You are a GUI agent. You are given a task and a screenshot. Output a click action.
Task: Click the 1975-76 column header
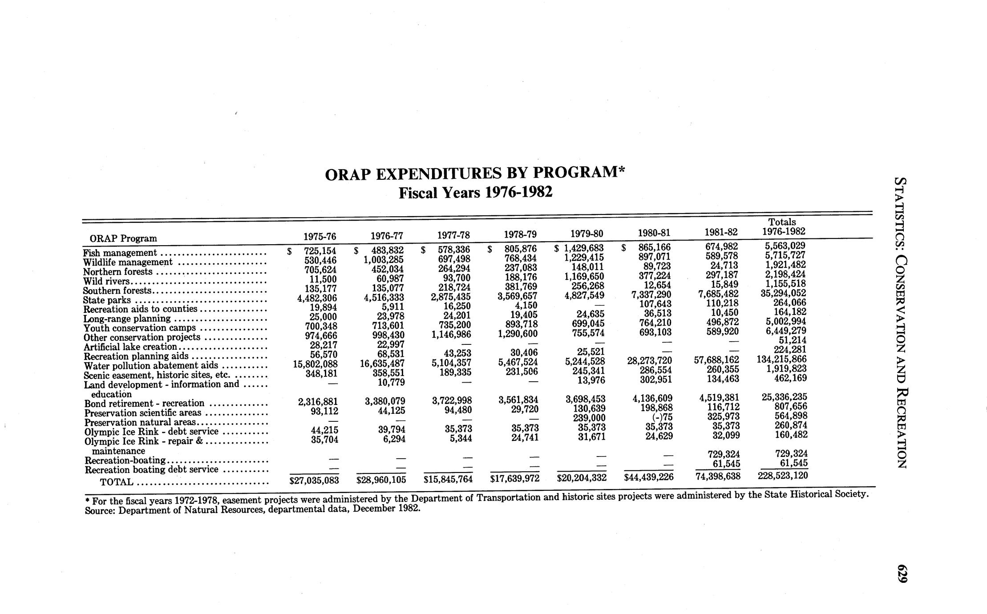pos(320,236)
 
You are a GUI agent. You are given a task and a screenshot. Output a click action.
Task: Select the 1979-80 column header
pos(587,233)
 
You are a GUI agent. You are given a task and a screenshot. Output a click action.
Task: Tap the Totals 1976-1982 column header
pos(783,226)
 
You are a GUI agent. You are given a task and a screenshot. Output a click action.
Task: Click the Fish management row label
pos(120,253)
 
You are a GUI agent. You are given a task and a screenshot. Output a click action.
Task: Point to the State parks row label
pos(107,300)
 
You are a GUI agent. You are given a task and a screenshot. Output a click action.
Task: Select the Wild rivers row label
pos(106,281)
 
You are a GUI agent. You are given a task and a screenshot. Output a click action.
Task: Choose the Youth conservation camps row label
pos(140,328)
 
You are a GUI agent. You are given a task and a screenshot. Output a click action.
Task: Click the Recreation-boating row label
pos(125,460)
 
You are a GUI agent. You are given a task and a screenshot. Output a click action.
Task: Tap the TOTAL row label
pos(116,482)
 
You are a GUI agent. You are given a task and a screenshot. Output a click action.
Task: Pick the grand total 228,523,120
pos(782,475)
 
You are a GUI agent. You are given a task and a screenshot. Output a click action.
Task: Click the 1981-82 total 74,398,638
pos(717,477)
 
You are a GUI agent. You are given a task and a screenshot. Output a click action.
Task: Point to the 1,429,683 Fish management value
pos(583,248)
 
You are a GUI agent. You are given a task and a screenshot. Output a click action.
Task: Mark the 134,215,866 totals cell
pos(782,359)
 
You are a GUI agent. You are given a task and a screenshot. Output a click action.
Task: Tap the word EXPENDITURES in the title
pos(449,174)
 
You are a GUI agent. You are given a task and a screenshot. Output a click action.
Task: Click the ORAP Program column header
pos(123,238)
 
